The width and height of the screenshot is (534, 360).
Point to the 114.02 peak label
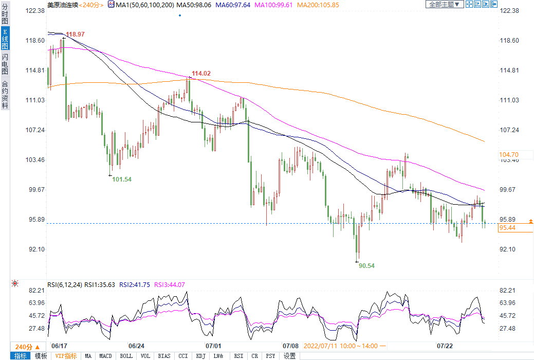[x=201, y=74]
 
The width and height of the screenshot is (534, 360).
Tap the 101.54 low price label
[x=122, y=179]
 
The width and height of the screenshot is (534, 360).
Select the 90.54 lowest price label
[x=366, y=266]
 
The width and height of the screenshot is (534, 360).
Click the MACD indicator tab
[x=105, y=356]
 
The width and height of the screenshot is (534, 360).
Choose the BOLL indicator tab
[x=126, y=356]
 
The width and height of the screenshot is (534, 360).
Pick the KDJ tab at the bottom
[x=200, y=356]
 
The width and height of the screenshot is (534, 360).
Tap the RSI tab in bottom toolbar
[x=238, y=356]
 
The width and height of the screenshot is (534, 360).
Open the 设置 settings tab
[x=290, y=356]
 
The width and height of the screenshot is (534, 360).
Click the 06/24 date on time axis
[x=136, y=346]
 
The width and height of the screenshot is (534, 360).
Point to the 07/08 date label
[x=291, y=346]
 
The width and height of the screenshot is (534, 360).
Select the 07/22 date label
[x=444, y=346]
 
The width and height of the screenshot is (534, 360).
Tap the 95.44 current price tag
[x=508, y=227]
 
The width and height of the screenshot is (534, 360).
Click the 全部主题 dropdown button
[x=444, y=4]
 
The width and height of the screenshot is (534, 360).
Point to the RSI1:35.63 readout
[x=101, y=284]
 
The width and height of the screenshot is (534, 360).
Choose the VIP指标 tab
[x=66, y=356]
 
